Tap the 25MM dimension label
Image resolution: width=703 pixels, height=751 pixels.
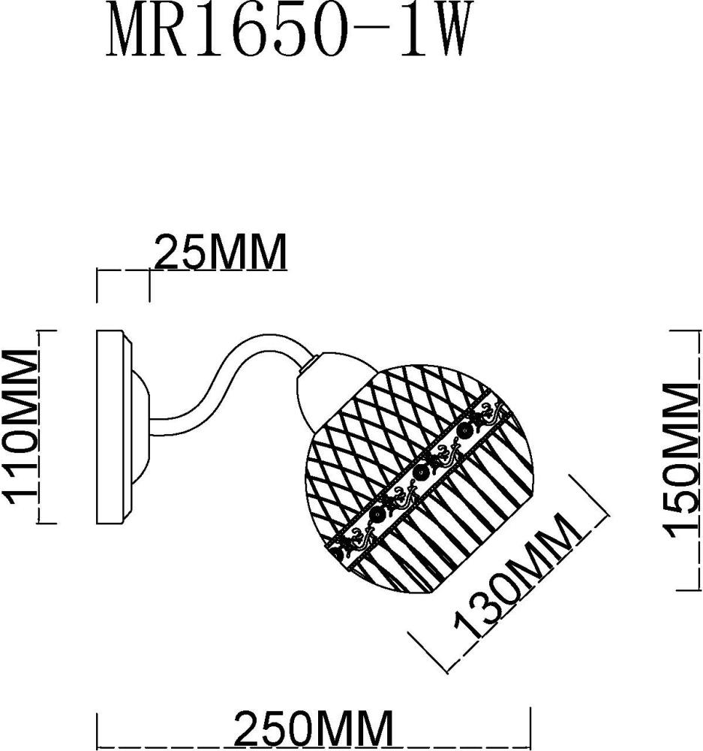click(x=221, y=252)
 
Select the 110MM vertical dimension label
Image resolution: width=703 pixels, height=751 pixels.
click(x=21, y=426)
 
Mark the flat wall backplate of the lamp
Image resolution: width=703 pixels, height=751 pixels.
click(x=113, y=426)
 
